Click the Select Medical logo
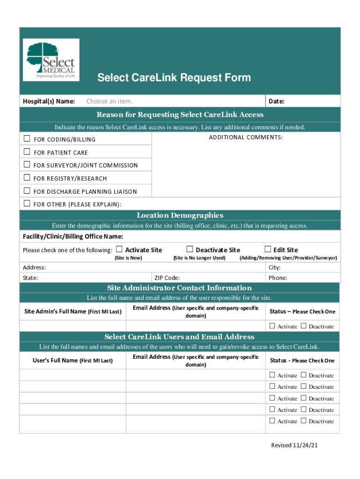(51, 60)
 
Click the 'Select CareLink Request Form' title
(174, 78)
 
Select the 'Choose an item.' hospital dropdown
(109, 102)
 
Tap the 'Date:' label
(276, 102)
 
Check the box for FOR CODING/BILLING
(27, 138)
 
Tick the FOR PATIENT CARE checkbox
(27, 152)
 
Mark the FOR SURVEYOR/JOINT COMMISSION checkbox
(27, 165)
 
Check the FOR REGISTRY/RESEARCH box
(27, 178)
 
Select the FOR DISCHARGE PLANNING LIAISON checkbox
(27, 191)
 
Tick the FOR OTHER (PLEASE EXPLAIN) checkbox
(27, 203)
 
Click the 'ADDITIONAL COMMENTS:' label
(245, 137)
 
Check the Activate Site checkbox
(119, 249)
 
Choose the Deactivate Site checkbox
(189, 249)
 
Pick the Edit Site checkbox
(268, 249)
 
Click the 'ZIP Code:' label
(167, 278)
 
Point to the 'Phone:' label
(278, 278)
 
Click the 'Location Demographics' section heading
(180, 215)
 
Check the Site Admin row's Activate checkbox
(272, 326)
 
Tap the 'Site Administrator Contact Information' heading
(180, 288)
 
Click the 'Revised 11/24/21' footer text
(295, 445)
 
